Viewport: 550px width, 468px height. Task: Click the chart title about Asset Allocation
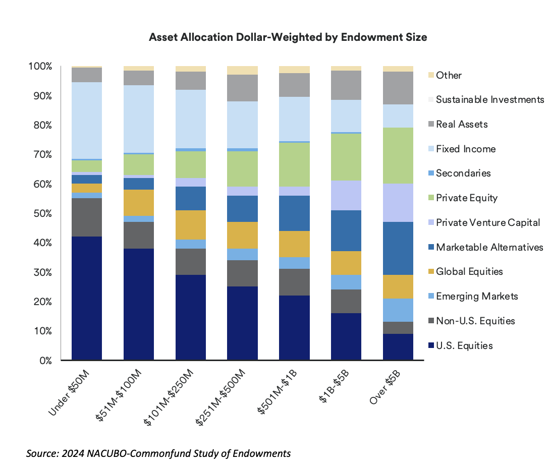[288, 38]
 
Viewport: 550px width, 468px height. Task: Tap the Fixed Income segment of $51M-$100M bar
[139, 119]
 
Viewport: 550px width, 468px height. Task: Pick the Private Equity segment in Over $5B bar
[398, 155]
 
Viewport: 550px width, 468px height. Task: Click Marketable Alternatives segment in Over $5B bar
[398, 248]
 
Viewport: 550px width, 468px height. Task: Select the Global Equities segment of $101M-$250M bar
[191, 225]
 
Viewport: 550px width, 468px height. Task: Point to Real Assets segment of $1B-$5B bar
[346, 85]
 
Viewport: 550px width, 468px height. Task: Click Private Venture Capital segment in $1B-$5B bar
[346, 195]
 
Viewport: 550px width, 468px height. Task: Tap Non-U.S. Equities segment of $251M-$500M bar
[243, 273]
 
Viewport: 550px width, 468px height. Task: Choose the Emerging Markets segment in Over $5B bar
[398, 310]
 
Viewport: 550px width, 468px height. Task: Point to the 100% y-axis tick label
[39, 67]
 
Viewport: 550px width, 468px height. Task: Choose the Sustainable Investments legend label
[490, 100]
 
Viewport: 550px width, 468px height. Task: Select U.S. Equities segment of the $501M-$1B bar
[294, 328]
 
